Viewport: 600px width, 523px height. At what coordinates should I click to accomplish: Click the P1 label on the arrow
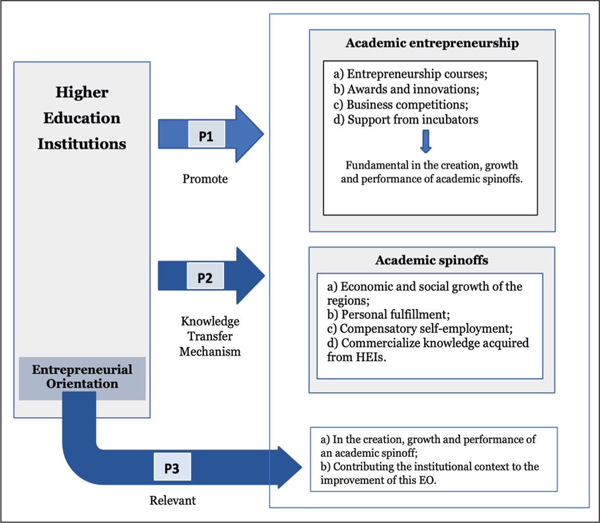(206, 134)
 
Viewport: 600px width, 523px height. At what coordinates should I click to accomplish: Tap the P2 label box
(205, 276)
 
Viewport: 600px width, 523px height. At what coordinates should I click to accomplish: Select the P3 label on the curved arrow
(172, 467)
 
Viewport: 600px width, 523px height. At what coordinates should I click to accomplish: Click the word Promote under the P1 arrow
(205, 179)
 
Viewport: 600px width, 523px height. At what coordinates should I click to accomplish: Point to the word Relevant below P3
(173, 501)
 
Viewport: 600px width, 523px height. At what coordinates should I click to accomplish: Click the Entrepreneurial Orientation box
(82, 378)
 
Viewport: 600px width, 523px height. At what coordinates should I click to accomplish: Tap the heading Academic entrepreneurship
(432, 43)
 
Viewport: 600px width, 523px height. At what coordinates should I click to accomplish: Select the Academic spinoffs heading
(432, 260)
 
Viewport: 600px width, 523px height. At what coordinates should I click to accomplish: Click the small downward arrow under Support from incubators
(426, 141)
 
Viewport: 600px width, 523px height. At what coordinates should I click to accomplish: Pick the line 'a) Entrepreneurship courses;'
(410, 74)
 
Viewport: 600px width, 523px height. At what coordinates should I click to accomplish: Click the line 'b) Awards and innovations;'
(406, 89)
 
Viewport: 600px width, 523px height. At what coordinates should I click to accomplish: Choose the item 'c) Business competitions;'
(401, 104)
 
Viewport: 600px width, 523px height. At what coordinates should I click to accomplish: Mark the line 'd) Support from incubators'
(406, 120)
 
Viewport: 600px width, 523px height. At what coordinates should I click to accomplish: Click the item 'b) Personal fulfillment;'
(388, 314)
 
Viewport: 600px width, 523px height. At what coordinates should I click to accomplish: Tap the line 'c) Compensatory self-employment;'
(420, 329)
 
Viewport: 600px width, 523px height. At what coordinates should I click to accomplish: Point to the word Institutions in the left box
(82, 144)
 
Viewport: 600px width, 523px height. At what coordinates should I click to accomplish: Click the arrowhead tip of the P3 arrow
(302, 467)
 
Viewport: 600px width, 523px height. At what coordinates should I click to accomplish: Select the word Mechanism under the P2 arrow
(210, 351)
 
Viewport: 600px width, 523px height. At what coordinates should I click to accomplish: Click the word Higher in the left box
(82, 92)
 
